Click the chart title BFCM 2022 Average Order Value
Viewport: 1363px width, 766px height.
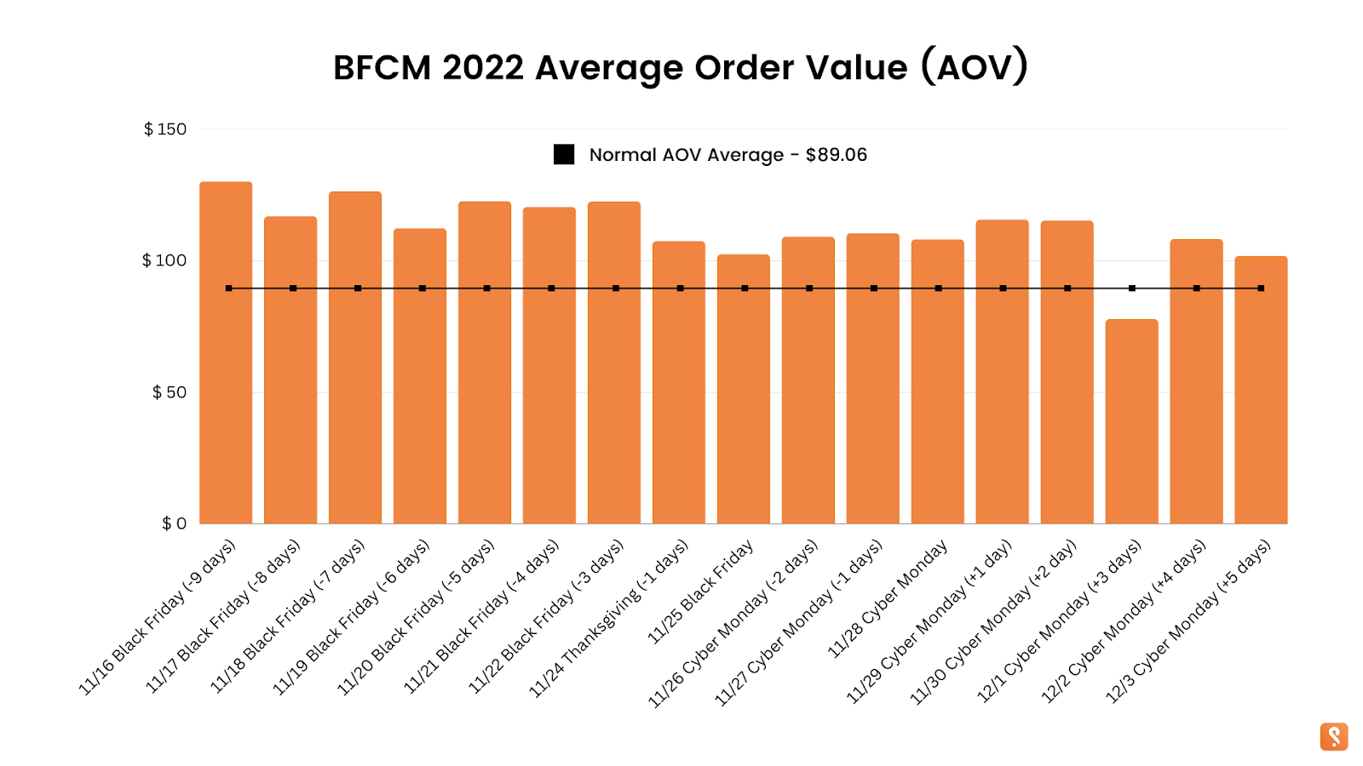coord(681,67)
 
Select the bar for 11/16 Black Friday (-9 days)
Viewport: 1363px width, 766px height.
coord(226,383)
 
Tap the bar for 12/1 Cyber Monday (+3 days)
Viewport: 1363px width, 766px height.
coord(1131,426)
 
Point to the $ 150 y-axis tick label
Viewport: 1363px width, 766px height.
coord(165,129)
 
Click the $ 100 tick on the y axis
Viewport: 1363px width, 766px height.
coord(164,260)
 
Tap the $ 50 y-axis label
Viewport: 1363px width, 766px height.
coord(169,392)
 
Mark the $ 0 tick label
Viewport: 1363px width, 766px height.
coord(174,523)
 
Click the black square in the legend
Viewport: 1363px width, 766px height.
coord(564,155)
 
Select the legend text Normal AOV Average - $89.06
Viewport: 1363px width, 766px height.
coord(728,155)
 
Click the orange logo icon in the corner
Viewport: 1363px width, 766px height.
coord(1334,737)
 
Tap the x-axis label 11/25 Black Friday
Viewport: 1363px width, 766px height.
coord(700,592)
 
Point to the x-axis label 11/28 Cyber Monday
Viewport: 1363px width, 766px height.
coord(888,599)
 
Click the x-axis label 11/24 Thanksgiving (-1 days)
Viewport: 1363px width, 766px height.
coord(609,618)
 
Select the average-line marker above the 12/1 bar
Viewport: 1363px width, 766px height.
coord(1132,289)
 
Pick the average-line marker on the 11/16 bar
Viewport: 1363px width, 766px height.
coord(228,289)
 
